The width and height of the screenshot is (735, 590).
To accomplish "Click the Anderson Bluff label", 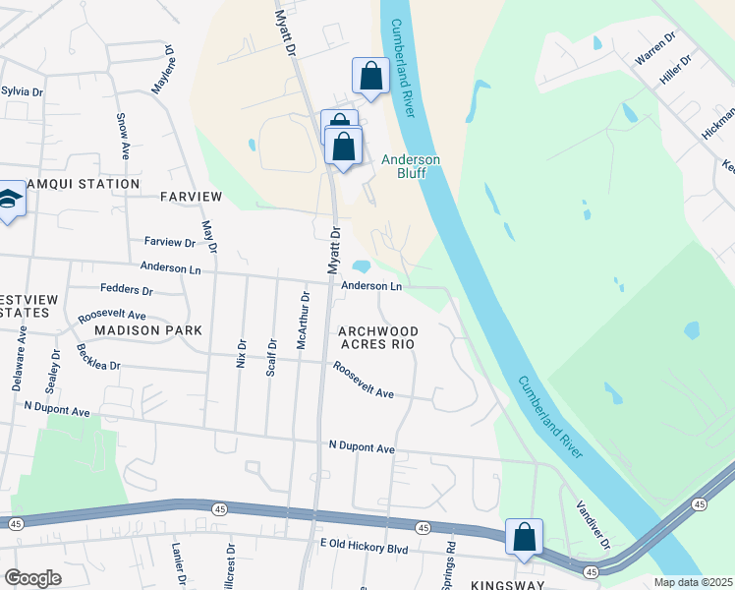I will (x=411, y=167).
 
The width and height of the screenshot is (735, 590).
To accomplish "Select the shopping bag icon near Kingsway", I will (x=525, y=537).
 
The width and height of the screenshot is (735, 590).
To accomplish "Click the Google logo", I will (x=32, y=578).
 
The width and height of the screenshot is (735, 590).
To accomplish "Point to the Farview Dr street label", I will (x=170, y=242).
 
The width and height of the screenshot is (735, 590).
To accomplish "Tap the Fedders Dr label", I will (x=127, y=291).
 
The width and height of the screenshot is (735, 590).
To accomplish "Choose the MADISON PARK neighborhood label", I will (x=147, y=330).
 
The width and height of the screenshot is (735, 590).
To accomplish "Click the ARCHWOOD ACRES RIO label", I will (x=378, y=337).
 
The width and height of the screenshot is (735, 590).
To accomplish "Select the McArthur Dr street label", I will (x=304, y=320).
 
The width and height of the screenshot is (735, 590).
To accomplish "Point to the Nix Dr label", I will (x=241, y=338).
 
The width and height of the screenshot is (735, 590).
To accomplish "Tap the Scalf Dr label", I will (x=271, y=357).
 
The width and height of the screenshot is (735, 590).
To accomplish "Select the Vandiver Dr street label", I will (x=592, y=528).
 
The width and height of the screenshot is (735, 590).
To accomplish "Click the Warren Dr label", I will (x=654, y=48).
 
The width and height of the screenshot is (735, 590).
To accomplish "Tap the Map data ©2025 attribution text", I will (x=694, y=582).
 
